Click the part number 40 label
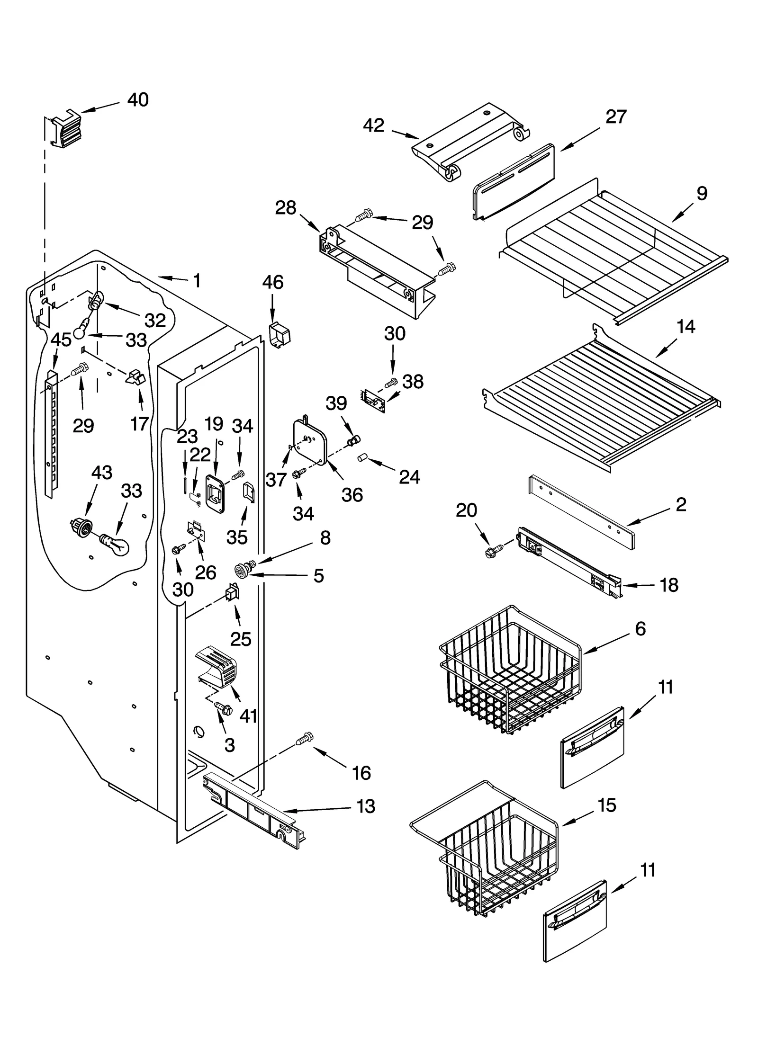pyautogui.click(x=138, y=100)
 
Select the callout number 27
pyautogui.click(x=616, y=117)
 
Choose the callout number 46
pyautogui.click(x=272, y=282)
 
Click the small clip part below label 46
pyautogui.click(x=279, y=334)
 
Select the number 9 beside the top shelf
pyautogui.click(x=702, y=193)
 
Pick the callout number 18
pyautogui.click(x=669, y=585)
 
